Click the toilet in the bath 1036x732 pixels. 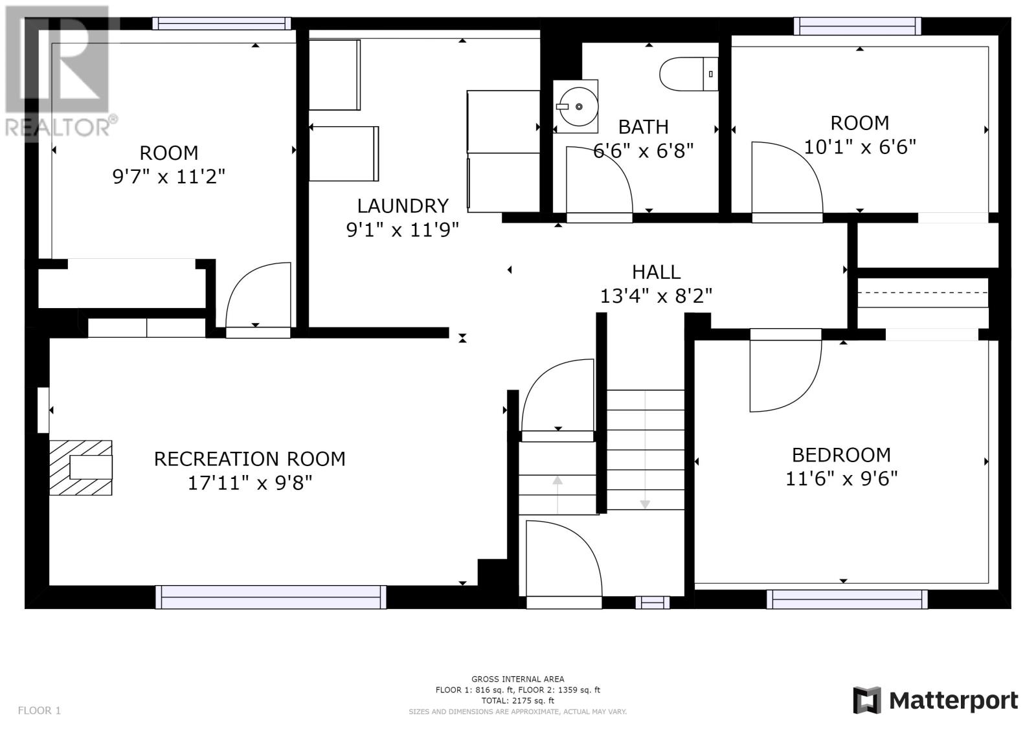(689, 74)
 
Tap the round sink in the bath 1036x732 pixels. (579, 107)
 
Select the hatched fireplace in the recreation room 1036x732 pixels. (81, 468)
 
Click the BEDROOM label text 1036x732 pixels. (841, 455)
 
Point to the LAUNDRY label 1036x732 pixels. (403, 206)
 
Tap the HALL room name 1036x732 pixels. (657, 272)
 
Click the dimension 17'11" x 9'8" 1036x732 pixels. (250, 483)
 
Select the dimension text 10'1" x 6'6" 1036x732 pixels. (860, 147)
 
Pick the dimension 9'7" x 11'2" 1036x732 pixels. (169, 176)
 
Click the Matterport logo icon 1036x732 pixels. (866, 700)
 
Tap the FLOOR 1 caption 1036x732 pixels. (39, 710)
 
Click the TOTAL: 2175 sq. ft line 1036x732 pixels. (517, 700)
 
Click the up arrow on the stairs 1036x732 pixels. (557, 494)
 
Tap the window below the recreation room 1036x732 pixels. (271, 597)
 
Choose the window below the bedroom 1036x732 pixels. (848, 599)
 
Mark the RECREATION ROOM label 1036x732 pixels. (250, 459)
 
